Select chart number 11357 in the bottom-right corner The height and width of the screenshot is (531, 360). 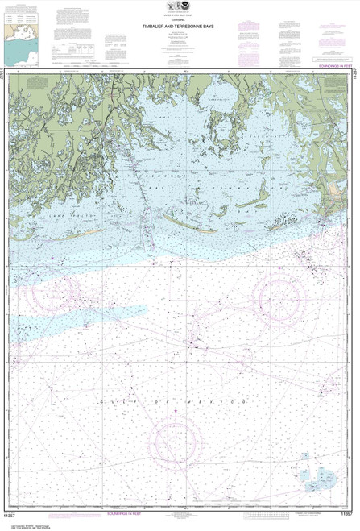coord(346,512)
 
